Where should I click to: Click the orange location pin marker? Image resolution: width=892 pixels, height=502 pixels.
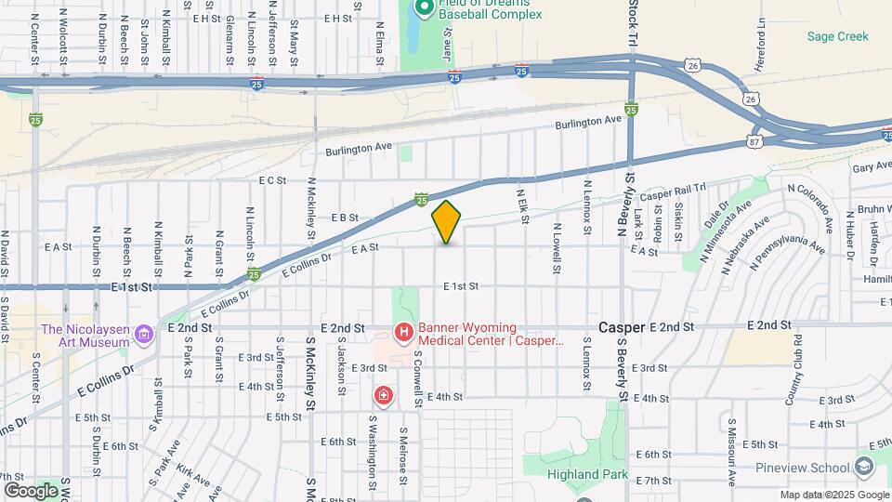point(447,223)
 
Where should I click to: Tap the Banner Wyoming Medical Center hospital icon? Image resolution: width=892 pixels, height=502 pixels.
point(403,332)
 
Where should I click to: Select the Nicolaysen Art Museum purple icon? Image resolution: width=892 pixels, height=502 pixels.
point(144,333)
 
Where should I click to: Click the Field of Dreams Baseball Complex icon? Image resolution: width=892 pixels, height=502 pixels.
point(424,8)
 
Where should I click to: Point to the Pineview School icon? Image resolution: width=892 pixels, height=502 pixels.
point(864,467)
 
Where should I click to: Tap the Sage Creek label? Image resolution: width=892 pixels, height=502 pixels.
point(837,36)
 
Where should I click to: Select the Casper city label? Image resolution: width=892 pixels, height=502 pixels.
point(622,327)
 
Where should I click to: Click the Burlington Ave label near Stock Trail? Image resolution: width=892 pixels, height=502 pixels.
point(587,121)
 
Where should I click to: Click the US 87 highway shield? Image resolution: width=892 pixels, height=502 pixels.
point(754,142)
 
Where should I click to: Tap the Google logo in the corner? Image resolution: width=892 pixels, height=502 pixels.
point(30,490)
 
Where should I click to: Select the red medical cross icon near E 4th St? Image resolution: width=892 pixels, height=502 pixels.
point(383,397)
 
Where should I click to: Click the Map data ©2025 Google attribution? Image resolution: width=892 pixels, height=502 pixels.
point(834,495)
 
